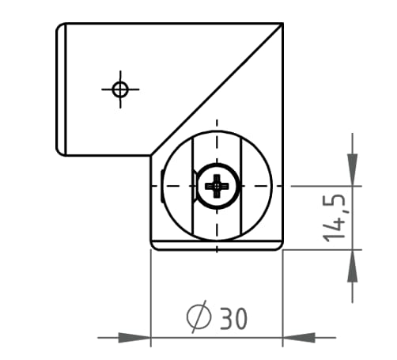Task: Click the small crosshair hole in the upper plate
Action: click(120, 89)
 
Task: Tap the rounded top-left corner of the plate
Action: click(61, 28)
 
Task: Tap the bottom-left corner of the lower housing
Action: click(153, 247)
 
